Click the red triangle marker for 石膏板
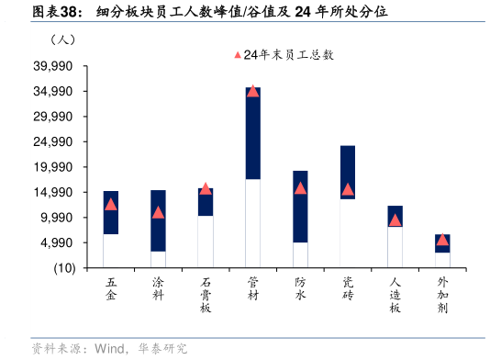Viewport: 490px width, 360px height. tap(206, 188)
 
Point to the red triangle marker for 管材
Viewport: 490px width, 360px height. tap(252, 91)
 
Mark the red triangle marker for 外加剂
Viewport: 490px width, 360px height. tap(442, 240)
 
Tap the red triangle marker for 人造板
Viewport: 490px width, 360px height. tap(395, 219)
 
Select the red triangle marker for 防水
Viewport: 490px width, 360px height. tap(300, 188)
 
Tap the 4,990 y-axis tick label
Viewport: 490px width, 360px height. tap(56, 242)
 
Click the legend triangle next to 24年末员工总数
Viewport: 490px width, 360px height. tap(238, 55)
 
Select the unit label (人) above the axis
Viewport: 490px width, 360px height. tap(63, 39)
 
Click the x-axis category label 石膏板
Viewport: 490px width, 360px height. tap(206, 296)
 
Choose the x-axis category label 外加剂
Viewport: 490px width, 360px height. tap(442, 296)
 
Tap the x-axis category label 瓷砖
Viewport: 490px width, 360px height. tap(348, 289)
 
